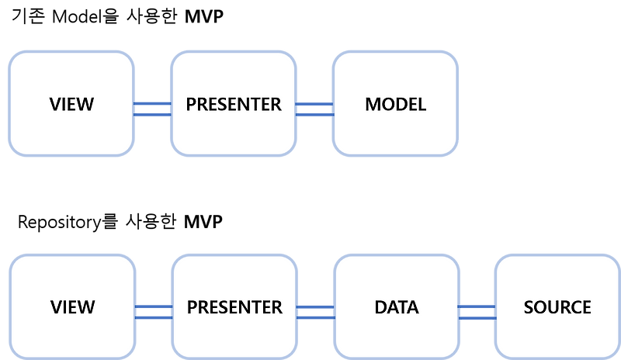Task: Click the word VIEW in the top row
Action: (x=71, y=105)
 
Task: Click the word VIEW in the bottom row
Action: (x=72, y=307)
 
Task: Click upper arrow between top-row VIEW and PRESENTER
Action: (x=152, y=102)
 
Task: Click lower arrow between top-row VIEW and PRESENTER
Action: (x=152, y=114)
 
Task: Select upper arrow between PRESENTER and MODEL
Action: (x=314, y=102)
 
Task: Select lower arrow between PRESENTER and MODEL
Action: (x=314, y=114)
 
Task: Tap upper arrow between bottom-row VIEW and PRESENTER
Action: (x=154, y=306)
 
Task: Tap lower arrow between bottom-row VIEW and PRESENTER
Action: (x=154, y=317)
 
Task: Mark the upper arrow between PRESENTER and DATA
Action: (x=315, y=306)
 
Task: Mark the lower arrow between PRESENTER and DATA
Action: (x=315, y=317)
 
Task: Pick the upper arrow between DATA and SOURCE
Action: (x=477, y=306)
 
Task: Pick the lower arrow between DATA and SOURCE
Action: (x=477, y=317)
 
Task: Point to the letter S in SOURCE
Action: (x=529, y=307)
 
